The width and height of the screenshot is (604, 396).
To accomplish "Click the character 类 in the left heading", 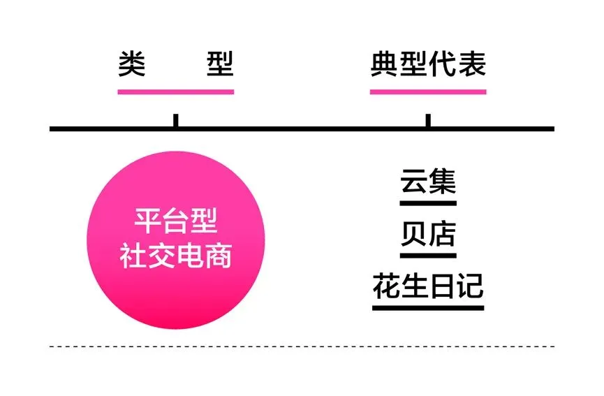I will click(x=131, y=64).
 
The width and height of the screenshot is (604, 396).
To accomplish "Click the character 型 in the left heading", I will click(x=220, y=64).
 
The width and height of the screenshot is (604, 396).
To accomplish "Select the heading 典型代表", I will click(x=428, y=64).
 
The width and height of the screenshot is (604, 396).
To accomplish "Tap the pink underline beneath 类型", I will click(x=175, y=91).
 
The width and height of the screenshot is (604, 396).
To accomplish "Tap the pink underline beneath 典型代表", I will click(x=428, y=91).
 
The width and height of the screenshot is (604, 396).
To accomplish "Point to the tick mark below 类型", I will click(x=175, y=120).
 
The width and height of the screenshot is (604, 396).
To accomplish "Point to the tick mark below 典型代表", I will click(x=428, y=120).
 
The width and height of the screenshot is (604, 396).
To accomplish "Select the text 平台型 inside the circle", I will click(x=175, y=223).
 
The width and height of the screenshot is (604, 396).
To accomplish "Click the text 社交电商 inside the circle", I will click(x=175, y=256).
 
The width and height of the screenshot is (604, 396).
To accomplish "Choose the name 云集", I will click(x=428, y=181).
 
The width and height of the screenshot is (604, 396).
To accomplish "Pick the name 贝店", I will click(x=428, y=234).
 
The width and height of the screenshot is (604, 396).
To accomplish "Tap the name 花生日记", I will click(x=428, y=286).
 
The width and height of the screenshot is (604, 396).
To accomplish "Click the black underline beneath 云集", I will click(x=428, y=203).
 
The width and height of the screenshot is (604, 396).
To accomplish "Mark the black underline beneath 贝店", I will click(x=428, y=256).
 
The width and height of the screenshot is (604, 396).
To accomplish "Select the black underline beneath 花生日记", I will click(x=428, y=307).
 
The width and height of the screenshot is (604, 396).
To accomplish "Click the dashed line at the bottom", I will click(x=302, y=346).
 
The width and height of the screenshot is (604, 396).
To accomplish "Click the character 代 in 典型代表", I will click(x=443, y=64).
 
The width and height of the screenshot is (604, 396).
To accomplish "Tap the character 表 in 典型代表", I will click(x=472, y=64).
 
